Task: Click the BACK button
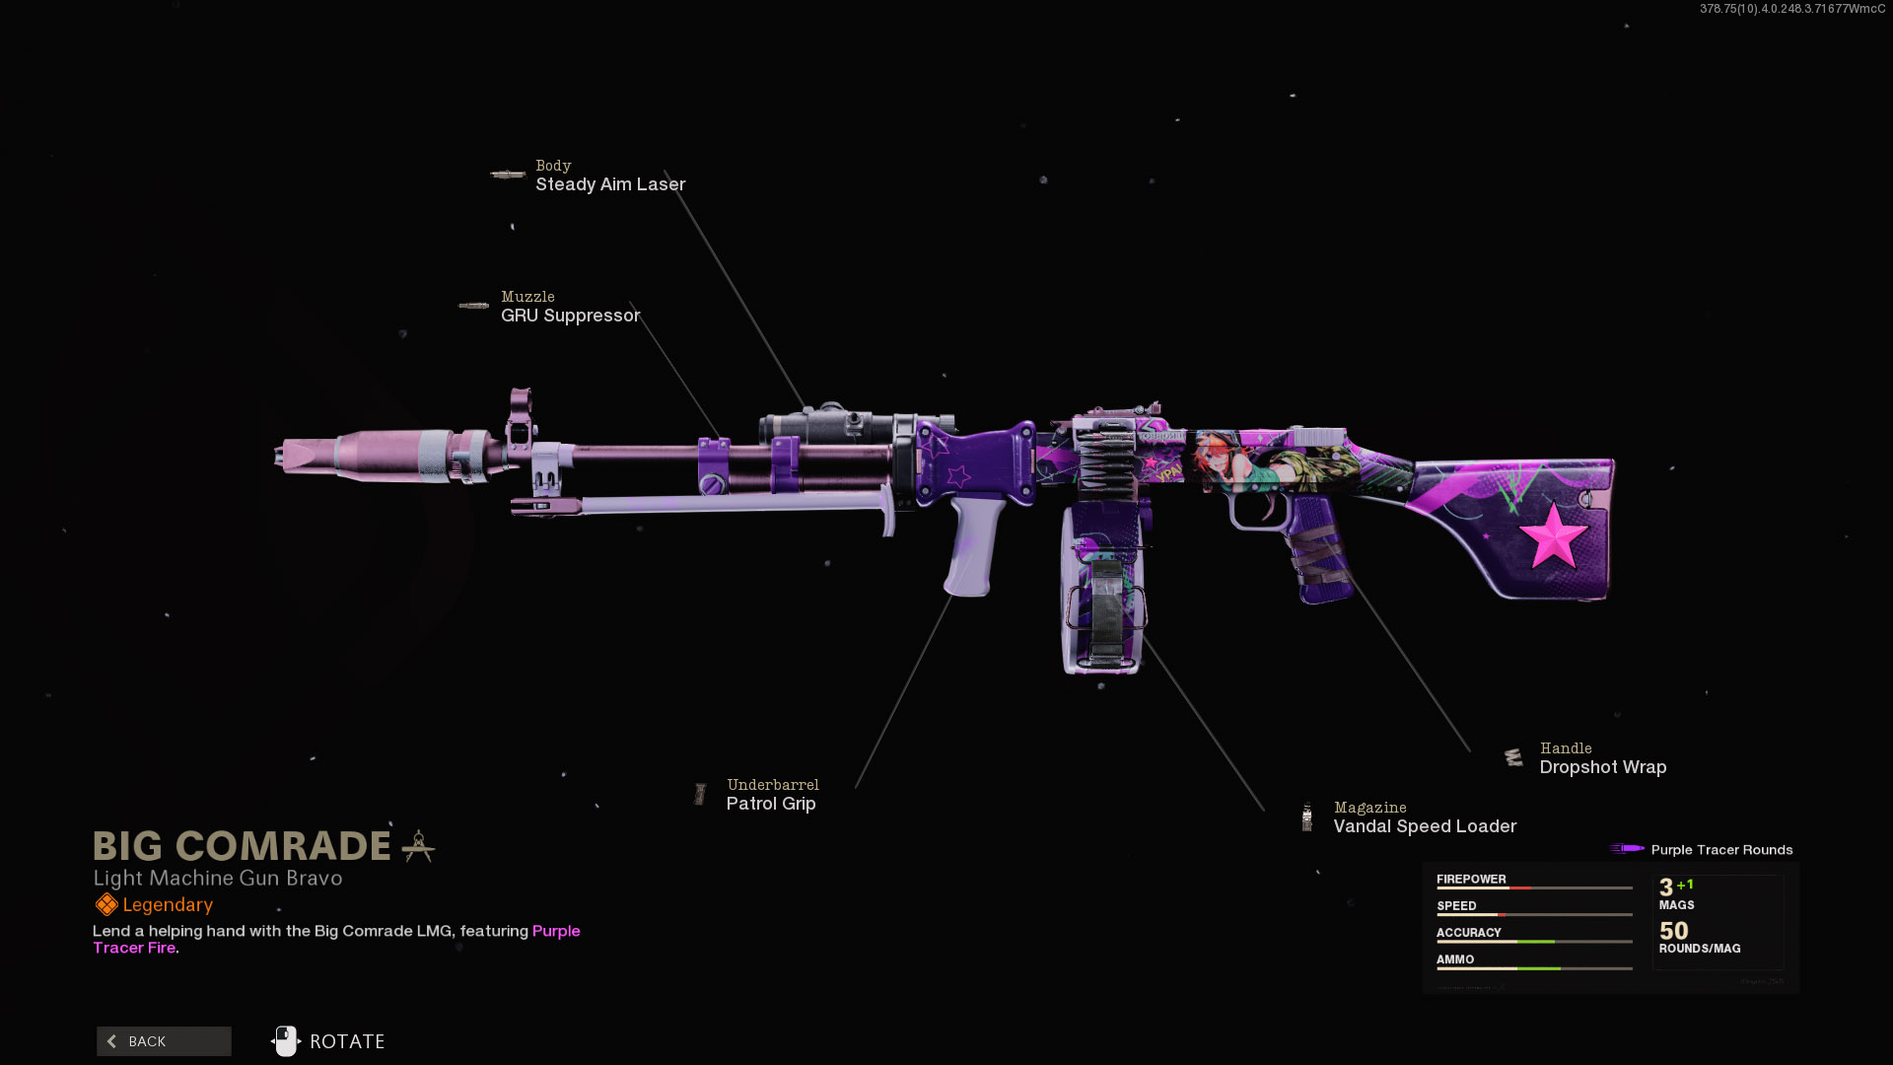[x=164, y=1041]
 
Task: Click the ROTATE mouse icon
[x=286, y=1041]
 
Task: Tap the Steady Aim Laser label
[x=610, y=184]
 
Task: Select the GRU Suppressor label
[x=570, y=316]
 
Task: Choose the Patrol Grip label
[x=771, y=804]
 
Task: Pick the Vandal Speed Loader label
[x=1425, y=826]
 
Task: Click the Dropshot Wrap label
[x=1602, y=767]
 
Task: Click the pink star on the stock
[x=1553, y=536]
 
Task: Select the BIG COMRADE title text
[x=243, y=846]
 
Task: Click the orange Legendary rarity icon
[x=106, y=904]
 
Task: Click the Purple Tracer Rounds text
[x=1721, y=850]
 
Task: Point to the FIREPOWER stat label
[x=1471, y=879]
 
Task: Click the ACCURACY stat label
[x=1468, y=932]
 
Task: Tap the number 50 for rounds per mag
[x=1673, y=931]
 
